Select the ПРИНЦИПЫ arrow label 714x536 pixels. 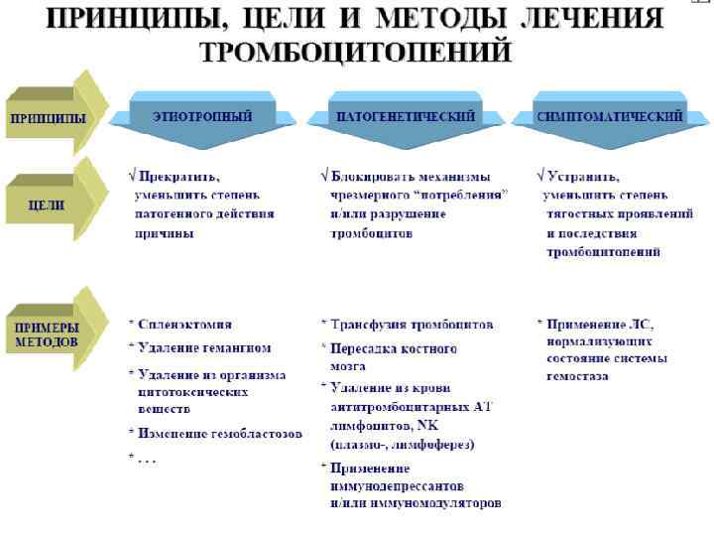pyautogui.click(x=48, y=117)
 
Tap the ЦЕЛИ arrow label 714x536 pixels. pyautogui.click(x=48, y=205)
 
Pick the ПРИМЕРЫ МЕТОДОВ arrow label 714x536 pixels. pyautogui.click(x=47, y=334)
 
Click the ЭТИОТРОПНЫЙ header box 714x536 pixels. pyautogui.click(x=202, y=116)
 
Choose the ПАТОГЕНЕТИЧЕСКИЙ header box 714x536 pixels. pyautogui.click(x=407, y=116)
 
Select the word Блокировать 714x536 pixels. pyautogui.click(x=378, y=177)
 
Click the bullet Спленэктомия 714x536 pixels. pyautogui.click(x=185, y=324)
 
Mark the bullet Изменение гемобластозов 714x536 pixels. pyautogui.click(x=220, y=434)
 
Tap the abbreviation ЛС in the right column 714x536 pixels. pyautogui.click(x=640, y=324)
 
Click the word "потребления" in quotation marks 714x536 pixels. pyautogui.click(x=463, y=196)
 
